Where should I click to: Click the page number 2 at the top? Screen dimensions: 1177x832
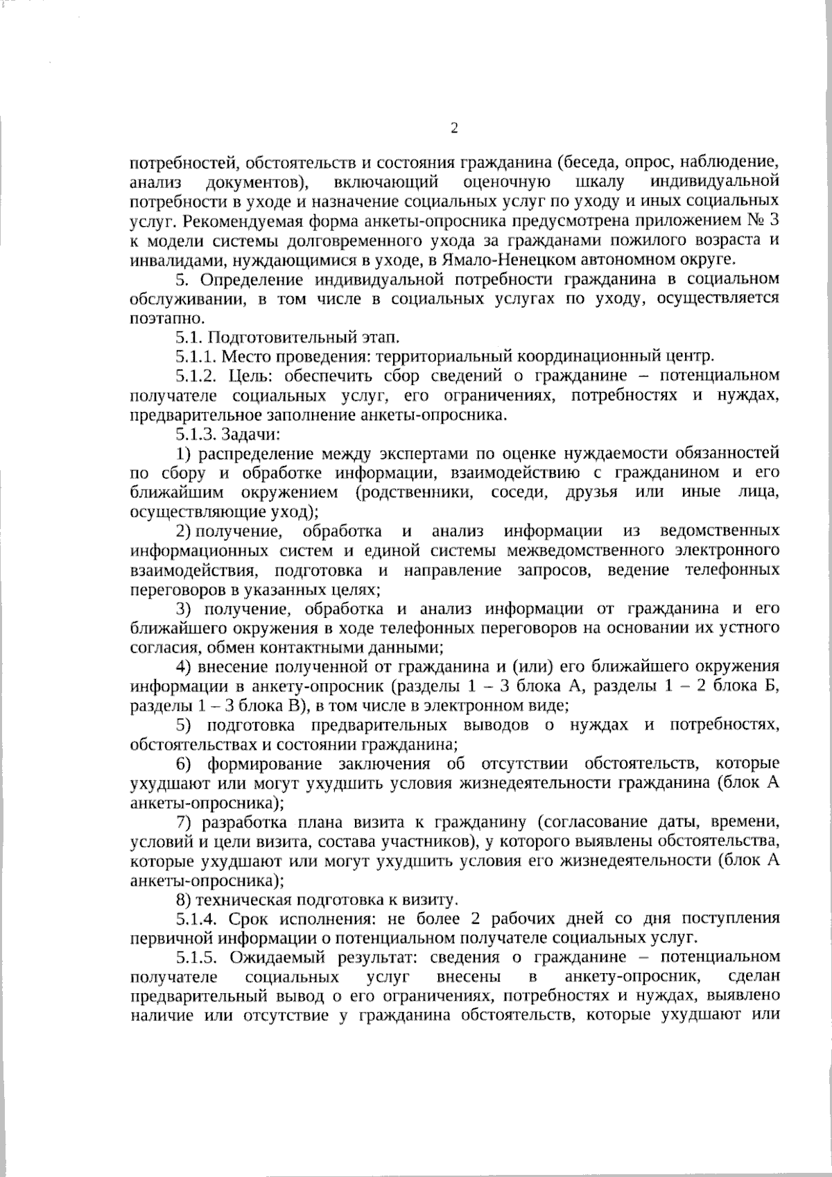[454, 128]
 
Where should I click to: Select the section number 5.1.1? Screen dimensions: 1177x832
[196, 356]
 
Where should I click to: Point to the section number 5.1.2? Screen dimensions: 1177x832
[198, 376]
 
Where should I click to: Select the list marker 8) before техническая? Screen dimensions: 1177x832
[184, 900]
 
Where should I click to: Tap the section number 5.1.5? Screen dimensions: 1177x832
[198, 958]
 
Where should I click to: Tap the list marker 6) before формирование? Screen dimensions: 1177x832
[184, 764]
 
